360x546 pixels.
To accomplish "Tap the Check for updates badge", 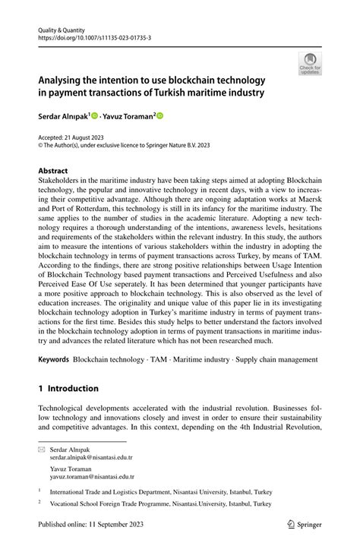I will [x=308, y=65].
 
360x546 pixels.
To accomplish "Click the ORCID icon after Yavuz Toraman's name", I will [x=160, y=115].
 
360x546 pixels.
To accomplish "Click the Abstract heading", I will [x=53, y=172].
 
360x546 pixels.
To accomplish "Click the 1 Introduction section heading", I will [x=68, y=388].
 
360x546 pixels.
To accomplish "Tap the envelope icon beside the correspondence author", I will [x=43, y=450].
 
